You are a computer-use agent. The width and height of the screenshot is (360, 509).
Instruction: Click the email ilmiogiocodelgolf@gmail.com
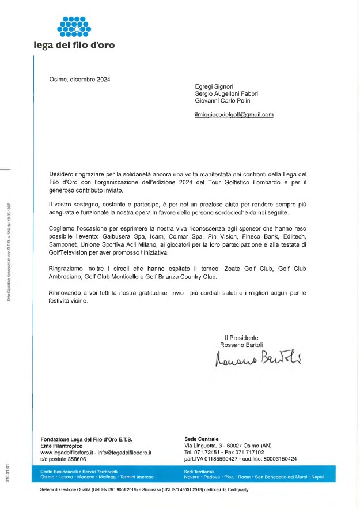[234, 115]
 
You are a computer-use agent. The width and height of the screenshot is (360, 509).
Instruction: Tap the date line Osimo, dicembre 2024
[79, 80]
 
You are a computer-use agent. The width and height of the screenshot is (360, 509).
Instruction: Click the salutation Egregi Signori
[214, 86]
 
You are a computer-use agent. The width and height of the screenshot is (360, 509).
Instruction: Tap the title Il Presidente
[241, 338]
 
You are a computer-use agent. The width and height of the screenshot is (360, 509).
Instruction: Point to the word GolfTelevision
[69, 252]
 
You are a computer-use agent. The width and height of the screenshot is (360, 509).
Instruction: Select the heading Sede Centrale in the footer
[201, 439]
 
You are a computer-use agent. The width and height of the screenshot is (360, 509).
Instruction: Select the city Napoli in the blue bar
[318, 477]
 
